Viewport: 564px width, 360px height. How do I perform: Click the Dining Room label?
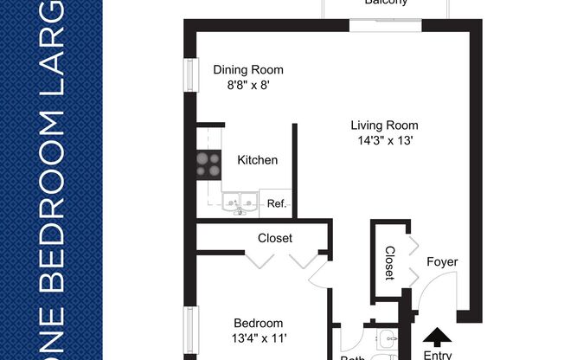click(248, 70)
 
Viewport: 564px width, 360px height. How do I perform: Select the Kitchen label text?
click(258, 160)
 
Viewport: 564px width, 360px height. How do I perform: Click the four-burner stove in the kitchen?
click(208, 164)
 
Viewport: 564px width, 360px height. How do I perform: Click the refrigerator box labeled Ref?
click(276, 204)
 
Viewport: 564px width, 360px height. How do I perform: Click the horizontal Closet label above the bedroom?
click(275, 238)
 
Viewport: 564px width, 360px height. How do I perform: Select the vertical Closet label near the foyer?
click(389, 263)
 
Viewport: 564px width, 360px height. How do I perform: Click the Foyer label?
click(442, 262)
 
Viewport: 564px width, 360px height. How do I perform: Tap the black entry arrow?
click(438, 336)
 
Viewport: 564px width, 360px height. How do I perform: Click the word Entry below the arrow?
click(438, 354)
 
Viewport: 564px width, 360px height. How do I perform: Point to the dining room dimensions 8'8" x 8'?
click(248, 86)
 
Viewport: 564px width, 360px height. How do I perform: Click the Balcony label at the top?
click(386, 3)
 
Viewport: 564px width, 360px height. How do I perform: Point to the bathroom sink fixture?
click(387, 340)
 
